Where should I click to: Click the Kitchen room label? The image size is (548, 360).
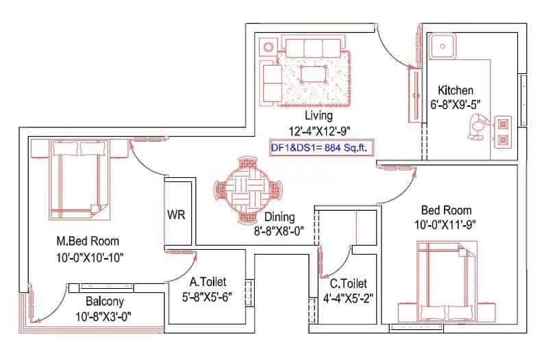tap(456, 90)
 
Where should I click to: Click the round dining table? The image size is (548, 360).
tap(250, 188)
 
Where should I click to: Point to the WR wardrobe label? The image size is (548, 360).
tap(177, 214)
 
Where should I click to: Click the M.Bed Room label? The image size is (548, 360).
tap(88, 241)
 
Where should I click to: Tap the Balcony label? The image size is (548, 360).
tap(104, 302)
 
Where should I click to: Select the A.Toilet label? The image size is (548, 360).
tap(208, 281)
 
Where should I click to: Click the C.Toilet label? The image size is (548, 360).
tap(349, 283)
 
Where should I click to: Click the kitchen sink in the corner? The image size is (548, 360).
tap(443, 48)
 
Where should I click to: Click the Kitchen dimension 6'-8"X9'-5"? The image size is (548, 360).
tap(456, 105)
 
